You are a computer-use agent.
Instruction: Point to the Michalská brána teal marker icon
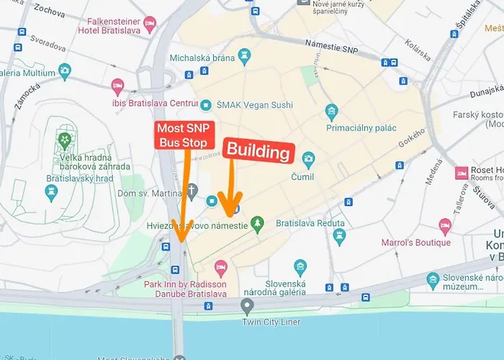(x=244, y=54)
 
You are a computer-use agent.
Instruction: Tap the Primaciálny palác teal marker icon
(x=331, y=111)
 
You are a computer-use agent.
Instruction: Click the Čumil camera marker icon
(x=308, y=158)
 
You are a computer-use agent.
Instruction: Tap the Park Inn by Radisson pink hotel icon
(x=221, y=267)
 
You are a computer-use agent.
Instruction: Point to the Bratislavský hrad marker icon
(x=51, y=192)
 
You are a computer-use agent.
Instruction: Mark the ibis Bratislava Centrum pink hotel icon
(x=117, y=88)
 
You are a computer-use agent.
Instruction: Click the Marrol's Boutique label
(x=416, y=243)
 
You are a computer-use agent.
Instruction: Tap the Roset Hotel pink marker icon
(x=462, y=173)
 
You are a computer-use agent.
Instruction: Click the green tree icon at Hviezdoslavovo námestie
(x=258, y=225)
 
